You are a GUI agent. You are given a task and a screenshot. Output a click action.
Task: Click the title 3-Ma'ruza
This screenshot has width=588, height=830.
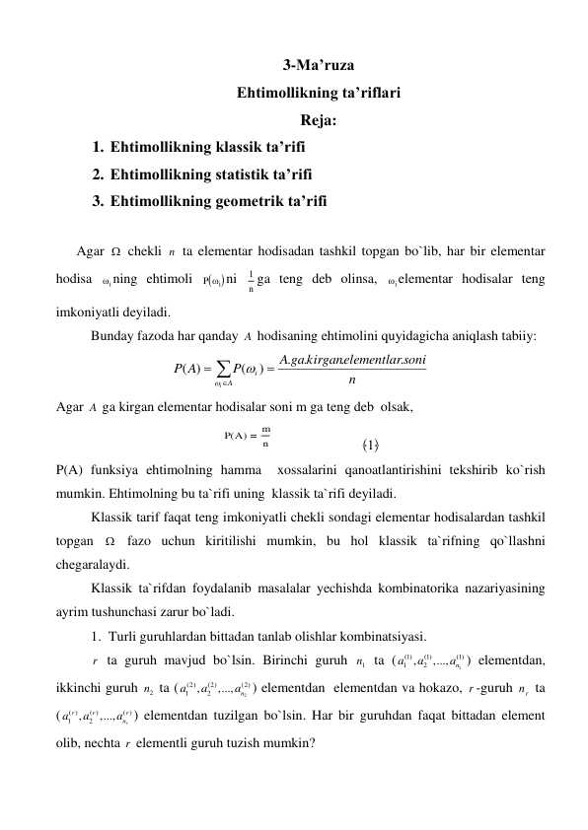coord(318,68)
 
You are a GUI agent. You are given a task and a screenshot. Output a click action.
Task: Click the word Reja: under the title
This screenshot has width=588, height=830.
coord(318,122)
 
